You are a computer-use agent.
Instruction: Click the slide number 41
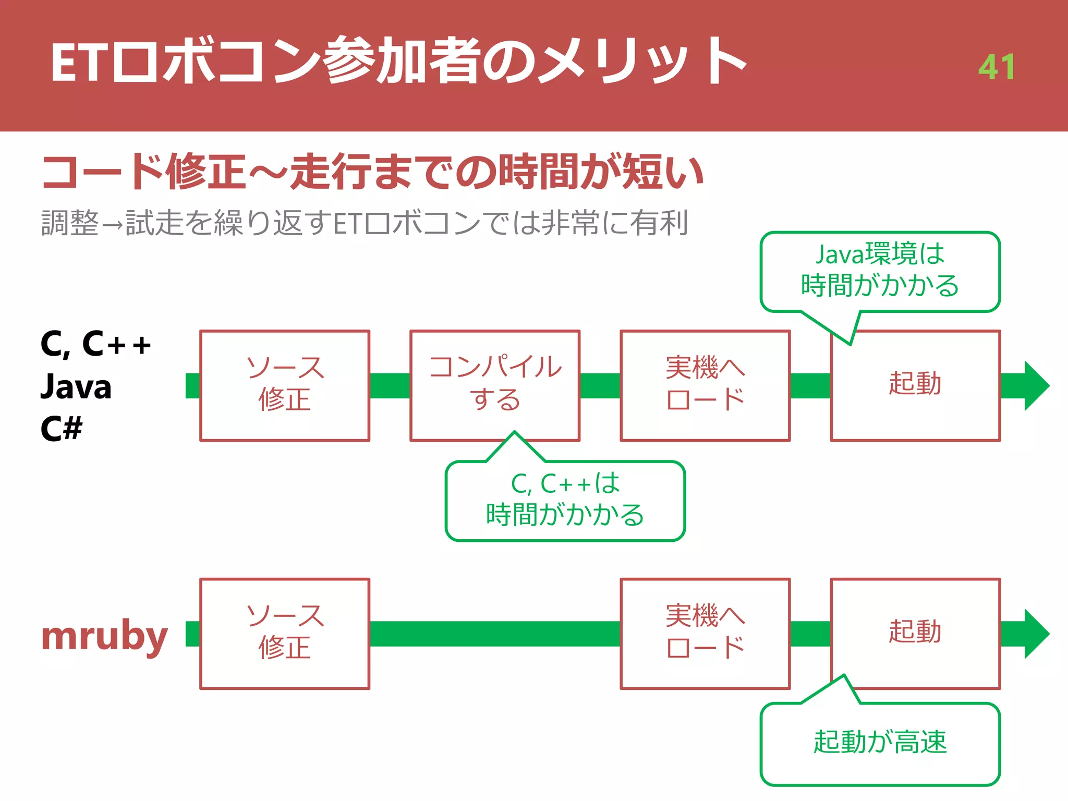pyautogui.click(x=996, y=67)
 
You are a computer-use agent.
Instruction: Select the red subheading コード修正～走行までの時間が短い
pyautogui.click(x=372, y=172)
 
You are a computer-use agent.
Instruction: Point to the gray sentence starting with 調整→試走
pyautogui.click(x=365, y=223)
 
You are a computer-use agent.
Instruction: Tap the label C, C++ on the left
pyautogui.click(x=95, y=345)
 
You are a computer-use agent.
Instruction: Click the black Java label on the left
pyautogui.click(x=76, y=387)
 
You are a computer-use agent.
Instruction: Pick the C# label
pyautogui.click(x=62, y=429)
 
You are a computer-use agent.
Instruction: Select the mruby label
pyautogui.click(x=104, y=636)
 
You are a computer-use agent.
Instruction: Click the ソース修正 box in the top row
pyautogui.click(x=285, y=385)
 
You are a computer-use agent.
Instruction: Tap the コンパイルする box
pyautogui.click(x=495, y=385)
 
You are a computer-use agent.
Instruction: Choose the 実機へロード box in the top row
pyautogui.click(x=705, y=385)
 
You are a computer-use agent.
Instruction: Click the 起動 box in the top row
pyautogui.click(x=915, y=385)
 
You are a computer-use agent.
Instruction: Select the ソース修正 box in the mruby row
pyautogui.click(x=285, y=634)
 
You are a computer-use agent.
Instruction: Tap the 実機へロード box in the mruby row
pyautogui.click(x=705, y=634)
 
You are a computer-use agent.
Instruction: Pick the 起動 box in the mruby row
pyautogui.click(x=915, y=634)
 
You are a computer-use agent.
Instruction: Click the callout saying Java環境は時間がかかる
pyautogui.click(x=880, y=271)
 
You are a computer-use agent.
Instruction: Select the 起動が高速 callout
pyautogui.click(x=880, y=743)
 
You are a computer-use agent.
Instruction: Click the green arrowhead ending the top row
pyautogui.click(x=1035, y=386)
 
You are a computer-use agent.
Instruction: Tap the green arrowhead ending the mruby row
pyautogui.click(x=1035, y=634)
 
